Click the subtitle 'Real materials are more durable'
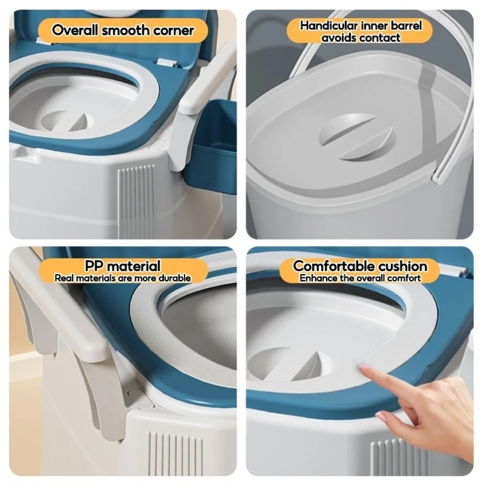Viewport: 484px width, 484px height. pyautogui.click(x=122, y=278)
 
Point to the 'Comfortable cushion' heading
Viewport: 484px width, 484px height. pyautogui.click(x=360, y=266)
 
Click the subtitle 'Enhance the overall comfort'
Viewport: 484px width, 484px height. pyautogui.click(x=360, y=278)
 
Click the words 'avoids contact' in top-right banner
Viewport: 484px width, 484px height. pyautogui.click(x=361, y=37)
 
